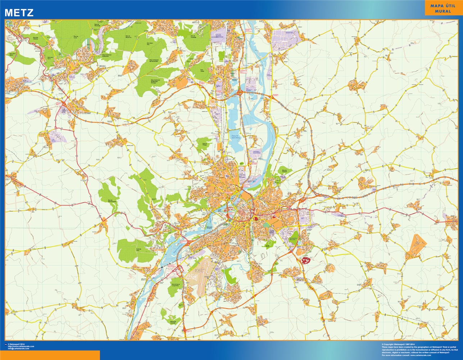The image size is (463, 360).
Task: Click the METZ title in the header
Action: (19, 13)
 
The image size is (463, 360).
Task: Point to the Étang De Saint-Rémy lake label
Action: (235, 136)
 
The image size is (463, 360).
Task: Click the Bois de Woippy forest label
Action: (205, 143)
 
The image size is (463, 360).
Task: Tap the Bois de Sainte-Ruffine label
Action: (112, 201)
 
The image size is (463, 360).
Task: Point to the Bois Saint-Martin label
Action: (13, 55)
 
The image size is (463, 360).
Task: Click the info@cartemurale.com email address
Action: (23, 348)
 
